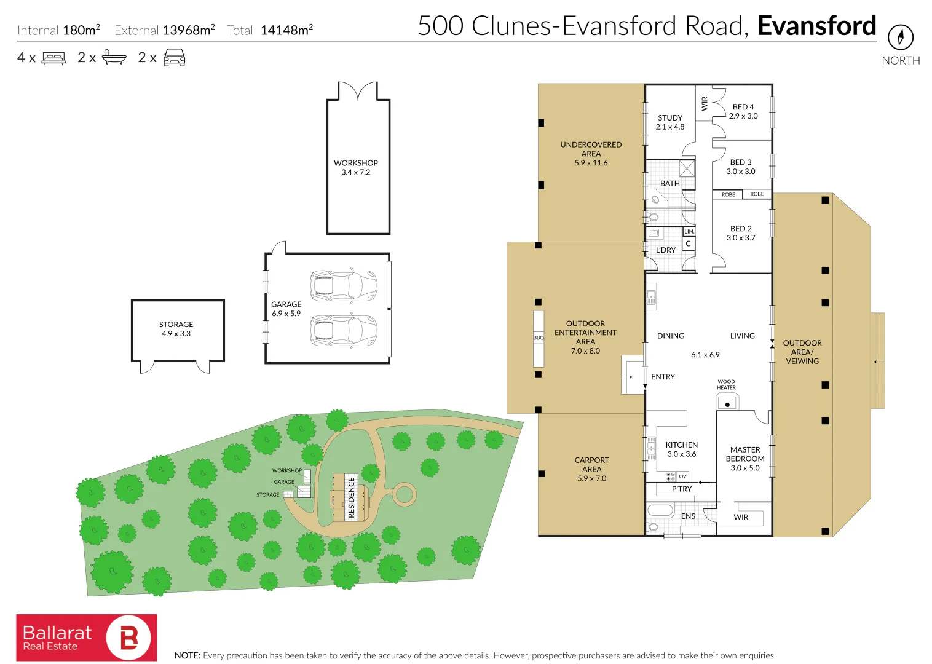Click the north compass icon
click(900, 38)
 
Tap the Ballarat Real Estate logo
click(87, 638)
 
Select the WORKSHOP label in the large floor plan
click(356, 167)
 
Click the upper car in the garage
click(343, 285)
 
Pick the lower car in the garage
click(343, 330)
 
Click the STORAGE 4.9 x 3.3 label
click(176, 329)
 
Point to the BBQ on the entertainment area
click(539, 338)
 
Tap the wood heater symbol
click(727, 403)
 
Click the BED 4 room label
click(743, 111)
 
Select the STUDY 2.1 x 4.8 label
click(670, 122)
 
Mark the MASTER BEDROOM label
click(745, 459)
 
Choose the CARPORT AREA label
click(591, 469)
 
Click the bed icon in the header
click(53, 58)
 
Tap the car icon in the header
click(175, 58)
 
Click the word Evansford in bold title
click(816, 26)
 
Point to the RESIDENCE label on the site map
click(352, 497)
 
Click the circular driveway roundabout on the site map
click(404, 494)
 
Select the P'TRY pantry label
click(681, 489)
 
